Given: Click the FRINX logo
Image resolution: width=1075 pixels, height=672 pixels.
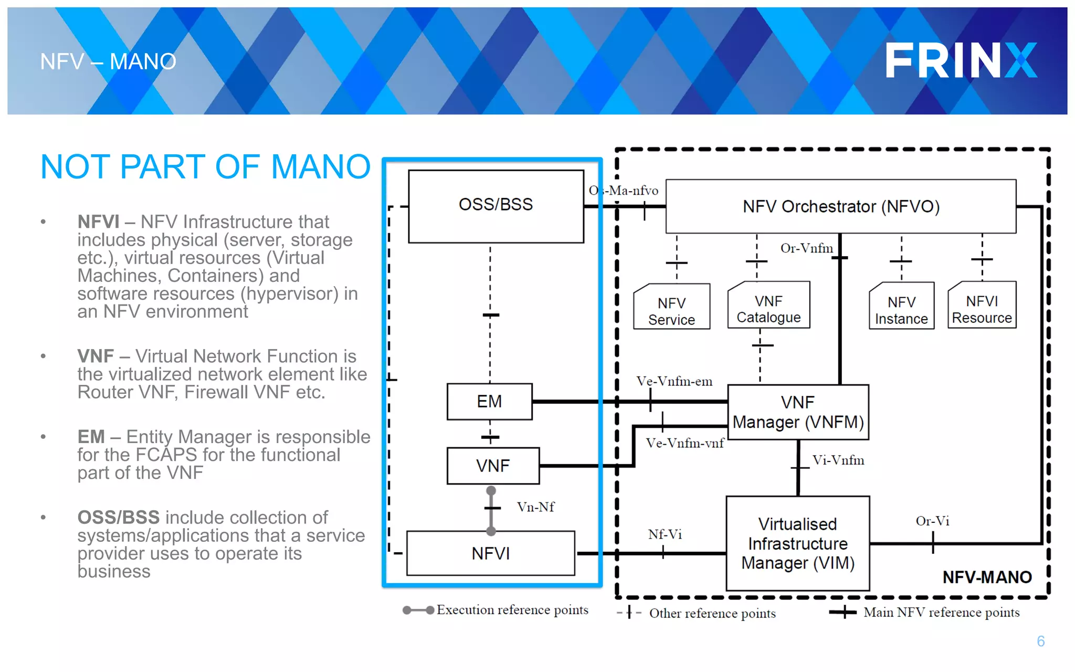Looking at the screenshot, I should tap(961, 60).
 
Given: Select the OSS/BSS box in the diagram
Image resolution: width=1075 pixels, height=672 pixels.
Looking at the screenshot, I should tap(496, 206).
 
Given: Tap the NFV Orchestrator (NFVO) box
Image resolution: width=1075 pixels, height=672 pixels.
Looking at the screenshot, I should tap(840, 206).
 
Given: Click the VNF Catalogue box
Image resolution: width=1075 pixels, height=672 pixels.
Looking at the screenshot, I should tap(768, 309).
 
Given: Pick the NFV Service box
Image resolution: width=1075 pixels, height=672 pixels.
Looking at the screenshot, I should tap(671, 311).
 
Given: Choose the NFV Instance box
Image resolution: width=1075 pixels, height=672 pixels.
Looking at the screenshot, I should tap(901, 310).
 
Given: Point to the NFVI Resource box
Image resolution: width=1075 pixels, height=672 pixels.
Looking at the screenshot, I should tap(982, 309).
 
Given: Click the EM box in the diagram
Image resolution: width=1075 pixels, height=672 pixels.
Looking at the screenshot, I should tap(489, 402).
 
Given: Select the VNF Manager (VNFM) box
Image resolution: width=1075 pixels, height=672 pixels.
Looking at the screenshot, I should tap(798, 412).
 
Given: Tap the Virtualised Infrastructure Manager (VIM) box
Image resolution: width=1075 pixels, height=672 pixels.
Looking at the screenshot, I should tap(798, 543).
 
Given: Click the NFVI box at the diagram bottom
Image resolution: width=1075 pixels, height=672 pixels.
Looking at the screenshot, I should tap(490, 553).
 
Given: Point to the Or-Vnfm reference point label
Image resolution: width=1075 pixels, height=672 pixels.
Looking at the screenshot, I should tap(806, 248).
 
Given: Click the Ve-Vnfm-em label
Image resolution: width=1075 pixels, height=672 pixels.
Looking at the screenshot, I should tap(674, 381).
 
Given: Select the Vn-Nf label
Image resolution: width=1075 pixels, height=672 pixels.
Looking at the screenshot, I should tap(535, 507).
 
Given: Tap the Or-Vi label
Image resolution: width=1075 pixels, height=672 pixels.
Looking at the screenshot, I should tap(932, 521).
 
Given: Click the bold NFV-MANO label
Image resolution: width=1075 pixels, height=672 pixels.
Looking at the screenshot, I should tap(987, 577).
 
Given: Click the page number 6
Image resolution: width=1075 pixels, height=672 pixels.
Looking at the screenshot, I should tap(1040, 641).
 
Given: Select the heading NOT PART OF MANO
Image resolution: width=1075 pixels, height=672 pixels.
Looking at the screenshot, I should tap(205, 167).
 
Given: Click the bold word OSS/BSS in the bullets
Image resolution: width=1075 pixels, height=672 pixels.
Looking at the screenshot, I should tap(118, 518).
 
